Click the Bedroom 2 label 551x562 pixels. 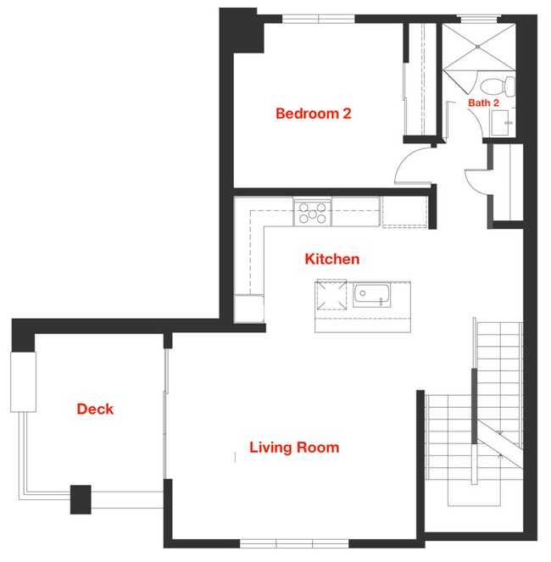pos(314,114)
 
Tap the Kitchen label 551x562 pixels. pos(332,259)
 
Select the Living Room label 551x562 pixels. pos(294,448)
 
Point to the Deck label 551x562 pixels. pos(95,409)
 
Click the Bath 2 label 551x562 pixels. pos(483,103)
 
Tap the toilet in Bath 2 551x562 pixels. pos(497,86)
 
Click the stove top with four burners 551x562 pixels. pos(312,212)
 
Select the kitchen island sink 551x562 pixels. pos(371,295)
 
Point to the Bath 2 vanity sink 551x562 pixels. pos(500,123)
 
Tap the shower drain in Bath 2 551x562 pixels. pos(478,47)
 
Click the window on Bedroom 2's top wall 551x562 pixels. pos(319,19)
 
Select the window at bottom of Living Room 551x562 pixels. pos(294,543)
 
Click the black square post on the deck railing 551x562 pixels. pos(81,499)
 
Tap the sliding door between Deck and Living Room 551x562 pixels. pos(165,414)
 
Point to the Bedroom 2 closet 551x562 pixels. pos(420,80)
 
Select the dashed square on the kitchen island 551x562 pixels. pos(331,295)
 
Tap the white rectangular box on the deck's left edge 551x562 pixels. pos(23,382)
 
